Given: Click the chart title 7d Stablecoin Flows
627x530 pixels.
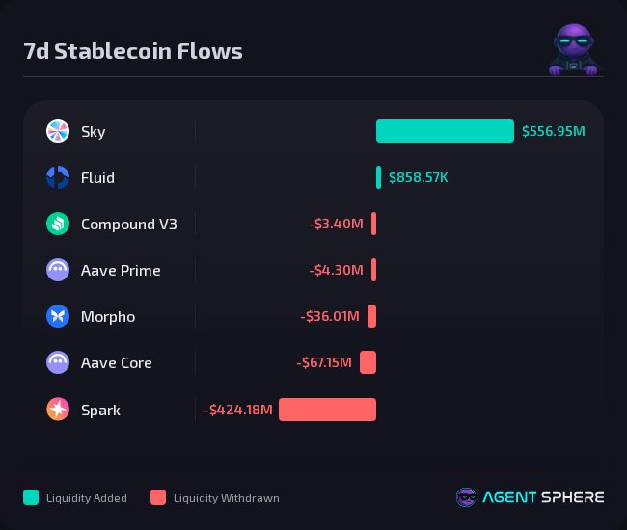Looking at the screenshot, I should [x=133, y=51].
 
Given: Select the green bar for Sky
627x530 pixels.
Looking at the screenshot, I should [x=445, y=131].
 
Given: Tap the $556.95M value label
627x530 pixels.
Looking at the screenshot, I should [x=553, y=131].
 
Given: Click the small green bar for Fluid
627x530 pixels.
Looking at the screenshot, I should [x=378, y=177].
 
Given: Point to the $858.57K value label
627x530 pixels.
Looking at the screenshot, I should [x=419, y=177].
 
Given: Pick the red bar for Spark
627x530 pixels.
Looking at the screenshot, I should [x=327, y=410].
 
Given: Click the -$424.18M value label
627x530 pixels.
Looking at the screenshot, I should [x=238, y=410].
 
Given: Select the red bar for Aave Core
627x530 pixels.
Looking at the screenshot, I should [x=368, y=362].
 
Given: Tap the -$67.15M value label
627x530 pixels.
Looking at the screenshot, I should [x=324, y=362].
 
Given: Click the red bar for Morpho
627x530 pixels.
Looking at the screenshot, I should [x=371, y=316].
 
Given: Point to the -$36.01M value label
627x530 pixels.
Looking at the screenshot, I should [x=330, y=316].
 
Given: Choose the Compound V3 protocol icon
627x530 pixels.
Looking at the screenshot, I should [x=58, y=224].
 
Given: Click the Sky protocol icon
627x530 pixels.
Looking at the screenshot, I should [x=58, y=131].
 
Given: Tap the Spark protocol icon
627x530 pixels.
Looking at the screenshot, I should [x=58, y=410].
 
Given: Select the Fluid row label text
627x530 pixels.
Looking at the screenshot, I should [x=97, y=177].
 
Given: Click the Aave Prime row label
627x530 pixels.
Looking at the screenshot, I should [x=121, y=270].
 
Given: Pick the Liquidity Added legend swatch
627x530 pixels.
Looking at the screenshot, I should [x=31, y=497].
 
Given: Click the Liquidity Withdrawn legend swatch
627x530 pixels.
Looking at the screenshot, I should [x=158, y=497].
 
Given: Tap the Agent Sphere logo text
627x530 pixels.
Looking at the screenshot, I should [x=544, y=497].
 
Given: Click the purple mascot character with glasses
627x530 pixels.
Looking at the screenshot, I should [x=575, y=50].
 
